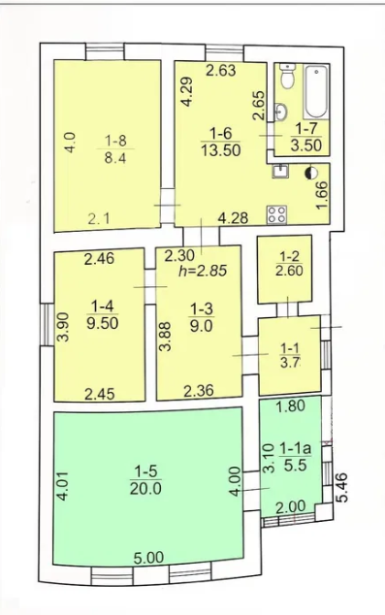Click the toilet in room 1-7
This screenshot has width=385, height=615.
pos(288,77)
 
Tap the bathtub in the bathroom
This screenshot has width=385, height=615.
pos(316,92)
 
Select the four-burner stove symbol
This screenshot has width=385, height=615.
pos(276,214)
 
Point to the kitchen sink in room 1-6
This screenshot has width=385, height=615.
pos(280,171)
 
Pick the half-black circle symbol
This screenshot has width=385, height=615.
pos(312,173)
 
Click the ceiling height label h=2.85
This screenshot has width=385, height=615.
pos(203,271)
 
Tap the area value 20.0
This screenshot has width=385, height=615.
pos(145,489)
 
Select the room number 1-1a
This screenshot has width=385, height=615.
pos(295,449)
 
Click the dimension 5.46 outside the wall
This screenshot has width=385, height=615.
pos(341,487)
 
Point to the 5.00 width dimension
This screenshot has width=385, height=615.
pos(148,558)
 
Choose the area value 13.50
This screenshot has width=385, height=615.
pos(221,150)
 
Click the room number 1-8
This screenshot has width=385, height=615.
pos(115,141)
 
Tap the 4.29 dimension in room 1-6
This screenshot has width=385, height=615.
pos(187,91)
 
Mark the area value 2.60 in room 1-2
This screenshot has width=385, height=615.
pos(289,271)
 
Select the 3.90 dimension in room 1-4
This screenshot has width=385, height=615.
pos(63,327)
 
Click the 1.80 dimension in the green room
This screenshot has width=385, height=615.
pos(291,405)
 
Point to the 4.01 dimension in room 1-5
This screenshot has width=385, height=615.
pos(63,486)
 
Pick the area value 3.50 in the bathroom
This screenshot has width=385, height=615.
pos(306,146)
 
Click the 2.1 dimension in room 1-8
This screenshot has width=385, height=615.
pos(99,219)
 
